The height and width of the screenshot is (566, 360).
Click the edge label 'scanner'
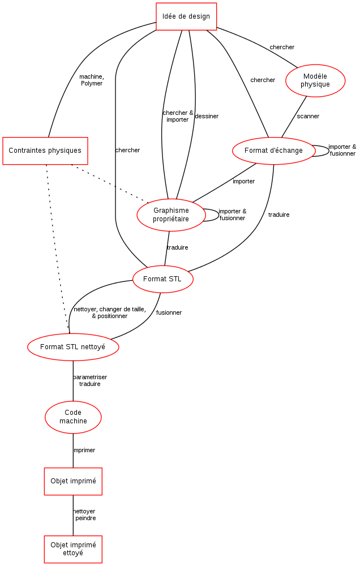308,116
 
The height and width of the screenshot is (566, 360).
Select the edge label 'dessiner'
207,116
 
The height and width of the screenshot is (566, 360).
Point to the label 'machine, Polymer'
92,80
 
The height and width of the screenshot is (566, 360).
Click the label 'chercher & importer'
178,116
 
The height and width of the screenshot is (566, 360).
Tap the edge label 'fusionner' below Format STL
169,312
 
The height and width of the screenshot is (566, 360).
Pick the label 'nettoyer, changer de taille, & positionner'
109,312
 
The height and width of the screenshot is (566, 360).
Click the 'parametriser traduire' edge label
90,380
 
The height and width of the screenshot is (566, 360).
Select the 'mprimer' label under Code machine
84,450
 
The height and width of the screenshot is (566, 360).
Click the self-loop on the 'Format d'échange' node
329,151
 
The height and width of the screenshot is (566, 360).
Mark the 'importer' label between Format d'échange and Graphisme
244,181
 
